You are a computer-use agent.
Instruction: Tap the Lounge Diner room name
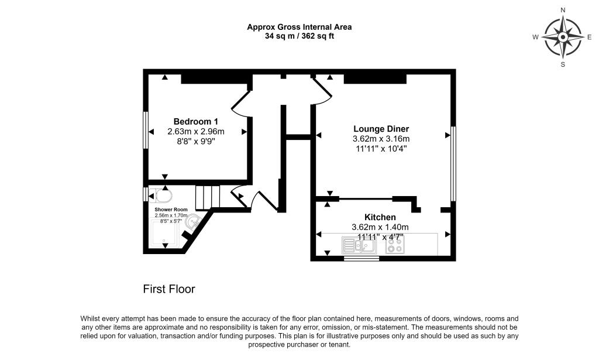(x=381, y=129)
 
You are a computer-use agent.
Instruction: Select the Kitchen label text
(x=380, y=217)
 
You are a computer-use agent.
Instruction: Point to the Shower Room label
(x=171, y=210)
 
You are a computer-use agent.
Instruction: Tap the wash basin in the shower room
(x=194, y=221)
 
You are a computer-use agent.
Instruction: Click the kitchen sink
(x=359, y=245)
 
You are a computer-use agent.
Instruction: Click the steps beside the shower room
(x=207, y=197)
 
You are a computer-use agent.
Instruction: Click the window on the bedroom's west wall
(x=145, y=130)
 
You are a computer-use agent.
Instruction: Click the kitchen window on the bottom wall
(x=361, y=258)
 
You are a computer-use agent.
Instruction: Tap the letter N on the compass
(x=563, y=10)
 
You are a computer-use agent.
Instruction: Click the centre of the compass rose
(x=563, y=37)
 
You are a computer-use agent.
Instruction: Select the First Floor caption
(x=169, y=289)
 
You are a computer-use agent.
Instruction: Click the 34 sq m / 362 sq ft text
(x=299, y=36)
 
